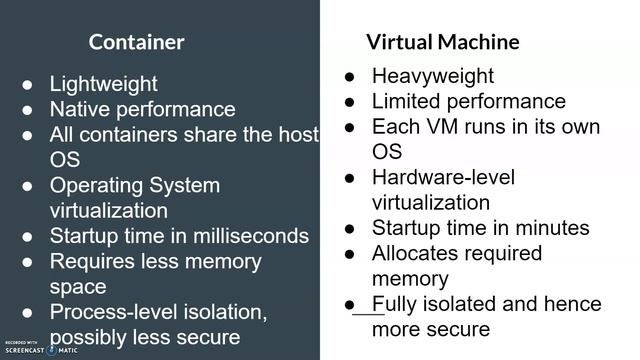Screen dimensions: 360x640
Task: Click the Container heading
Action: point(136,42)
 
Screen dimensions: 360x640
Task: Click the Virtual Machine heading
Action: point(442,42)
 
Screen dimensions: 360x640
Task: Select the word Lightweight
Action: point(104,84)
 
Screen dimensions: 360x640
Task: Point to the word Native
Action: point(80,110)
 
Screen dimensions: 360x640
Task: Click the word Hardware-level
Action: point(443,178)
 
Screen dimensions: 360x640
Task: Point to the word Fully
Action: point(394,304)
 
